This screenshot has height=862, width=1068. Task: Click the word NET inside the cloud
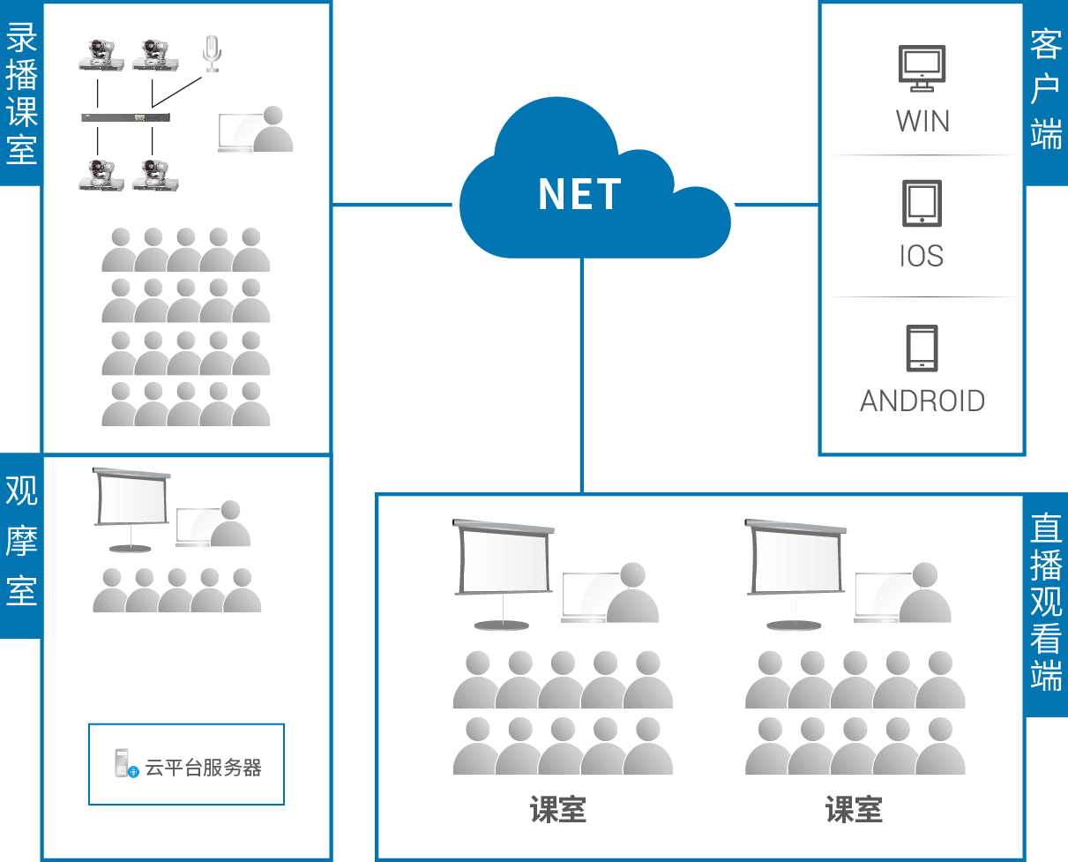click(x=579, y=195)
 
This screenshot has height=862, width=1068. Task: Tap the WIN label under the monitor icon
click(x=922, y=120)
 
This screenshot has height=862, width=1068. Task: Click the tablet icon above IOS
click(x=922, y=203)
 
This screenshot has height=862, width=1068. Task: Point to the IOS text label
click(x=922, y=256)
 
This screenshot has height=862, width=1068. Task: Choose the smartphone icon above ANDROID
click(x=922, y=349)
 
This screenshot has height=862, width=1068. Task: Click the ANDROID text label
click(x=922, y=401)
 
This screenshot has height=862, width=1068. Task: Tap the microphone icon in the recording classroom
click(x=211, y=53)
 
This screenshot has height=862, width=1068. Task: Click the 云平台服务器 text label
click(x=204, y=767)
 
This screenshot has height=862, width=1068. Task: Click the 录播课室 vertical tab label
click(x=21, y=94)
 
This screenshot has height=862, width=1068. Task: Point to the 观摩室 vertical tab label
click(x=21, y=542)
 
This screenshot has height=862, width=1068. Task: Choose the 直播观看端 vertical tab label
click(x=1046, y=604)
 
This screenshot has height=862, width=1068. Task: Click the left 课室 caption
click(x=558, y=809)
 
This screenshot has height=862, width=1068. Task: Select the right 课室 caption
click(x=854, y=809)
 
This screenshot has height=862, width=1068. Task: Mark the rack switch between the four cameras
click(x=124, y=117)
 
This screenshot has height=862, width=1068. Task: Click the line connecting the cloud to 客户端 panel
click(x=776, y=206)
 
